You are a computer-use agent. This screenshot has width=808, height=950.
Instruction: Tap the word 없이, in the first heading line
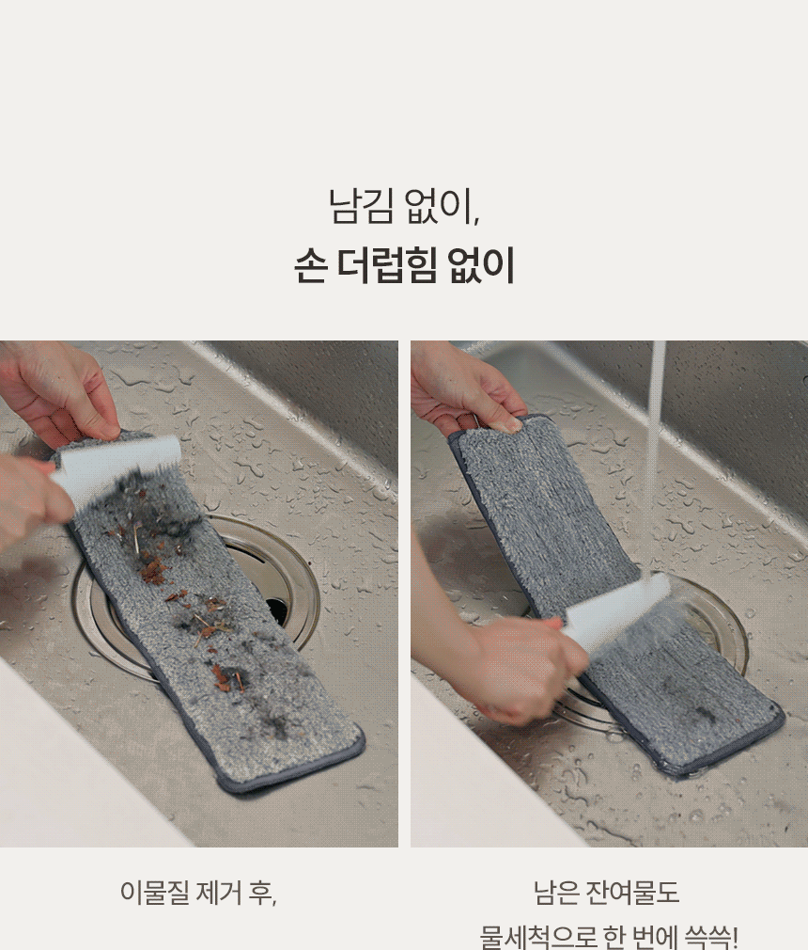tap(443, 206)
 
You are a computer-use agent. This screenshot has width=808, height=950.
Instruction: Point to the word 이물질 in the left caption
tap(155, 893)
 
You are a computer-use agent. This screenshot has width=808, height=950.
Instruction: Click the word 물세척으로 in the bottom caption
tap(538, 937)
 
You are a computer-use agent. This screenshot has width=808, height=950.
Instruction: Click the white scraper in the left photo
tap(115, 467)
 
